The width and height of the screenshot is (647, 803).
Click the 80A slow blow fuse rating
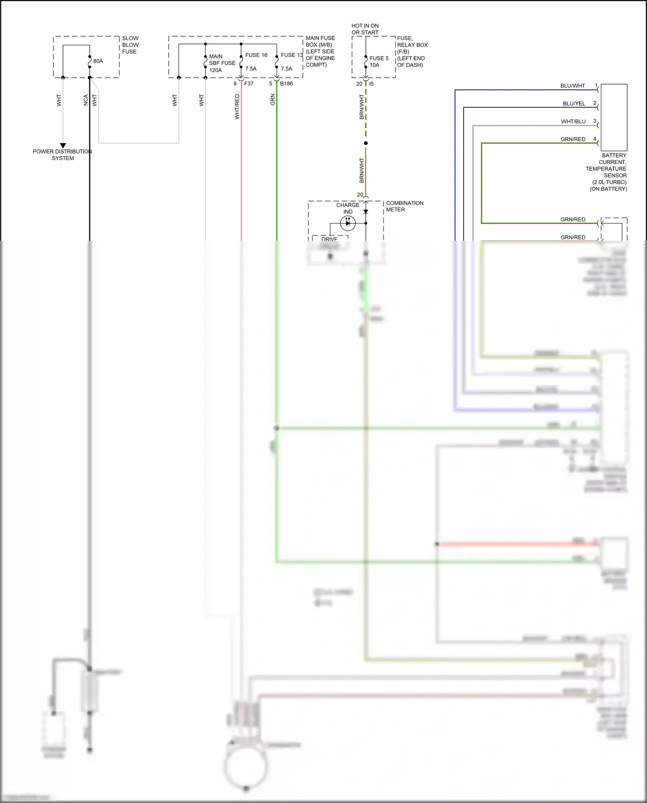(98, 61)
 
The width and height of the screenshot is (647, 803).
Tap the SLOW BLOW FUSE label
(130, 45)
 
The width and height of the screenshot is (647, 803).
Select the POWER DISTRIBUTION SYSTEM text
(63, 155)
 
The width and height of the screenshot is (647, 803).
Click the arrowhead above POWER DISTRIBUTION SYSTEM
(63, 146)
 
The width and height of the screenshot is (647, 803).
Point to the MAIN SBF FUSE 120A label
(222, 63)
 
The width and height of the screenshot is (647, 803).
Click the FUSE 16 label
(256, 55)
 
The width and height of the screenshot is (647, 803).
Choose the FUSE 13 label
(292, 55)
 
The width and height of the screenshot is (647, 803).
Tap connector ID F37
(249, 84)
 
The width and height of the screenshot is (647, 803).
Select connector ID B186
(286, 84)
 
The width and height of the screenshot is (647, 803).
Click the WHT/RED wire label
(237, 107)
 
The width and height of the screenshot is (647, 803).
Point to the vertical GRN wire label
(273, 100)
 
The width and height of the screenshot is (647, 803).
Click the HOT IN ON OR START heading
(365, 29)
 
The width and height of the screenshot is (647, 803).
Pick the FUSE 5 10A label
(379, 62)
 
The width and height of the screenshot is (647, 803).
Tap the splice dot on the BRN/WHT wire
(366, 143)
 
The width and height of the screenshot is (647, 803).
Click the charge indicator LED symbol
(348, 223)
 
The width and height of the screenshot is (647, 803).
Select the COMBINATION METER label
(404, 206)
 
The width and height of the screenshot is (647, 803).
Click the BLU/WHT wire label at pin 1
(572, 86)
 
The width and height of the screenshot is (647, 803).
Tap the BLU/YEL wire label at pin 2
(574, 104)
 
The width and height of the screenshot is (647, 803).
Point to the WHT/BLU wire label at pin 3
(573, 122)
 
